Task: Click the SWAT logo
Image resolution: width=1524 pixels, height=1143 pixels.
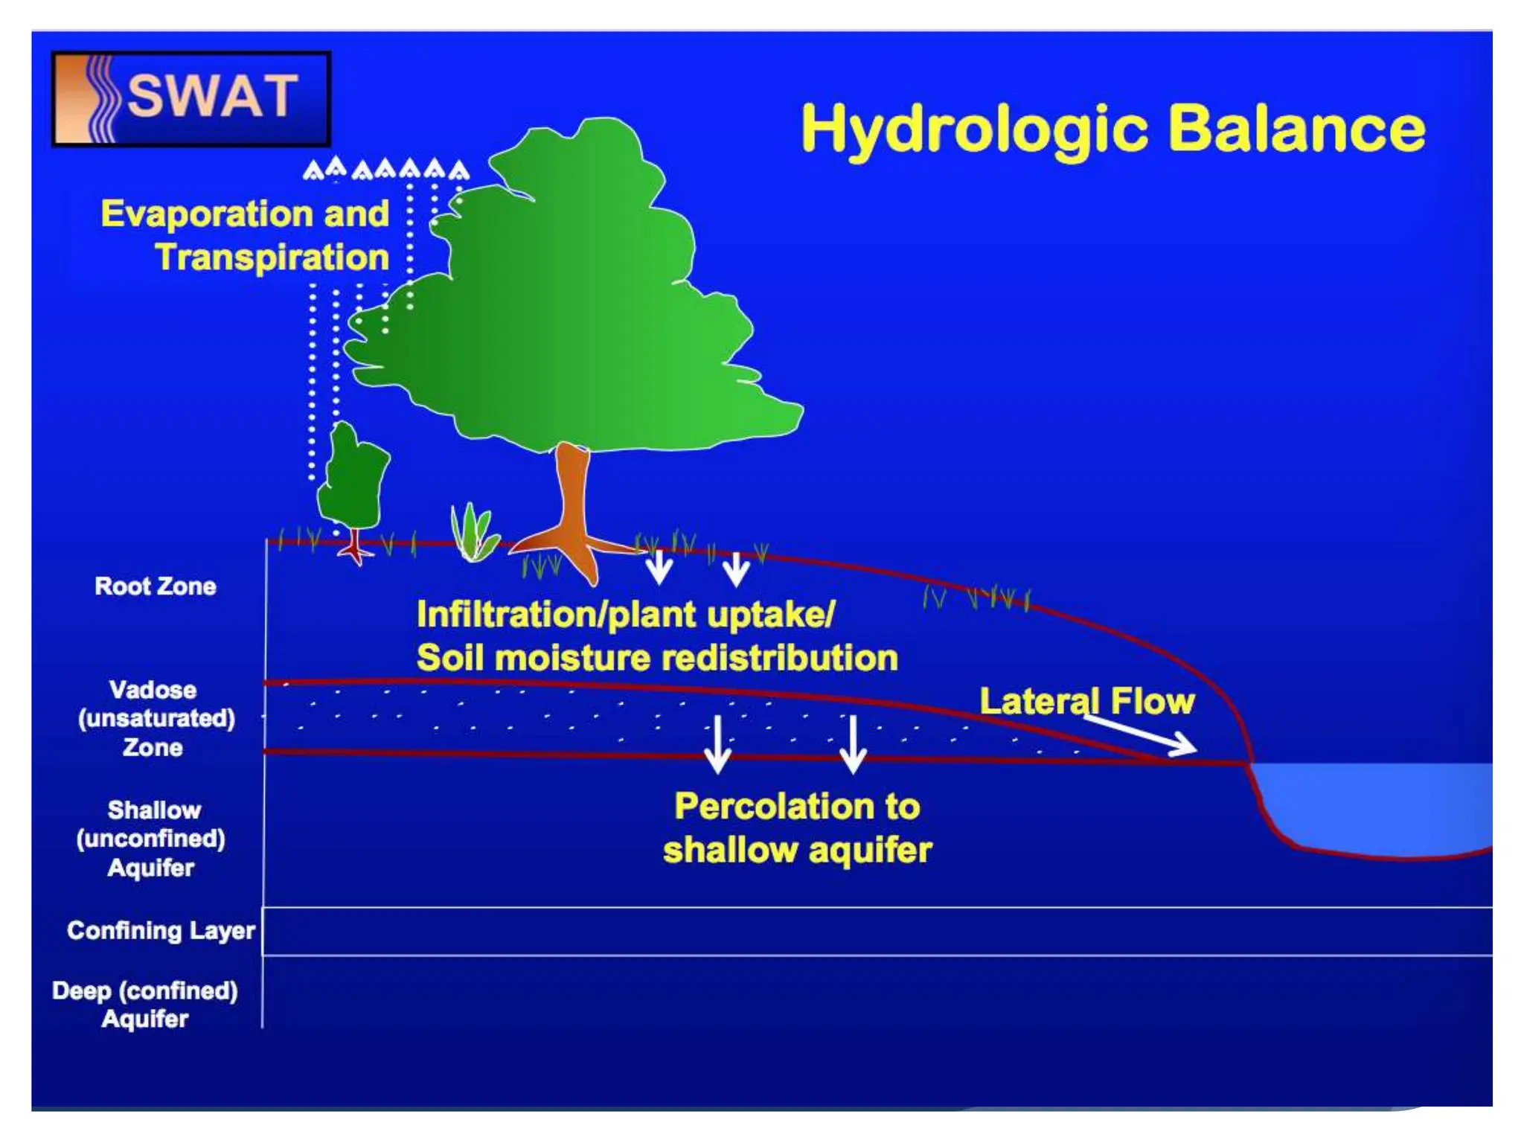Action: pyautogui.click(x=190, y=98)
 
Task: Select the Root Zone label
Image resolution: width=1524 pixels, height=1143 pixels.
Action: pyautogui.click(x=156, y=586)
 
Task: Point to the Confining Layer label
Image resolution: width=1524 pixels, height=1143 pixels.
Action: pyautogui.click(x=161, y=930)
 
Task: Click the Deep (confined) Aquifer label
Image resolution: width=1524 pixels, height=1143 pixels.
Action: pyautogui.click(x=145, y=1005)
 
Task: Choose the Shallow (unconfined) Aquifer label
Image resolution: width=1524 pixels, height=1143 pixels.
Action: pyautogui.click(x=151, y=839)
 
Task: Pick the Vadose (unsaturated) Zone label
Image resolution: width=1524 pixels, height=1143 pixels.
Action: pyautogui.click(x=156, y=718)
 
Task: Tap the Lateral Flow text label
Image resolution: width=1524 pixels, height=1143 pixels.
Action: pyautogui.click(x=1086, y=701)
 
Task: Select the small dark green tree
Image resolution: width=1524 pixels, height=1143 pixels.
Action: pyautogui.click(x=353, y=476)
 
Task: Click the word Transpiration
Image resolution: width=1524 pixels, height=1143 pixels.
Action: pyautogui.click(x=272, y=257)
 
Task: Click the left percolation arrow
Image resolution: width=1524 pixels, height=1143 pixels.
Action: pyautogui.click(x=717, y=744)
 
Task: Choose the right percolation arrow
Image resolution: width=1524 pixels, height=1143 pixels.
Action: pyautogui.click(x=853, y=744)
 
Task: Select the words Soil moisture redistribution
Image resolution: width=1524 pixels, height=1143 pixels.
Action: pyautogui.click(x=657, y=659)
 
